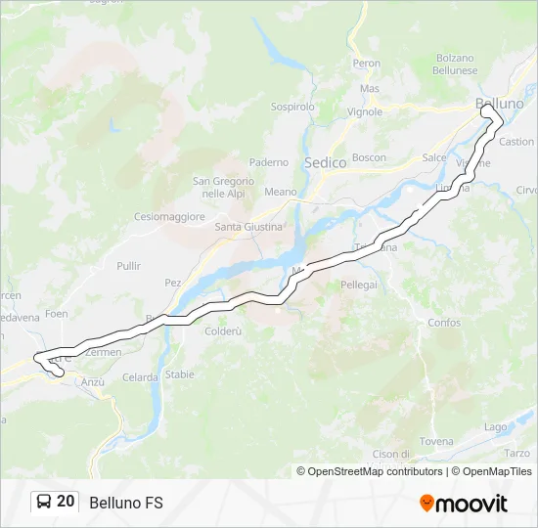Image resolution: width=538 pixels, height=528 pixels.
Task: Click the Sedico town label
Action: (326, 163)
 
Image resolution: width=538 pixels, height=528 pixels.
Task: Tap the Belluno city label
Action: (499, 103)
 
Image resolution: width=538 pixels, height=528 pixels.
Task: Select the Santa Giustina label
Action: (248, 227)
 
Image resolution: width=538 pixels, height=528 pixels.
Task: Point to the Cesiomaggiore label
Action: (170, 216)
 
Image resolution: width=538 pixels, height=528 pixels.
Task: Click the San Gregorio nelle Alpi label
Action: (223, 187)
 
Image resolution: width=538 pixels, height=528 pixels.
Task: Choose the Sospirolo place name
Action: (292, 106)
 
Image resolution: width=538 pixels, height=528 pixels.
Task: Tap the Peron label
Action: (367, 64)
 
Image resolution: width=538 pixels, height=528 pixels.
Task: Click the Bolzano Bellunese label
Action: (456, 65)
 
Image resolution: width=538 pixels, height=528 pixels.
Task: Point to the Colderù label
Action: (223, 331)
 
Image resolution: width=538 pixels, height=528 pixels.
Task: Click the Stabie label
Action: (180, 374)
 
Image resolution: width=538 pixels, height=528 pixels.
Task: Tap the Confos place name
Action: (443, 322)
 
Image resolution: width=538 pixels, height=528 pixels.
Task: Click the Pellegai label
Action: (359, 284)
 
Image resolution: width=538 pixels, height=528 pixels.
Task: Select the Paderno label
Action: (269, 161)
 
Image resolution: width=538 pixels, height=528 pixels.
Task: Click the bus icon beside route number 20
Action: (45, 503)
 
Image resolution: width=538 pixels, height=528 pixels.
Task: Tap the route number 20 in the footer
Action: (66, 502)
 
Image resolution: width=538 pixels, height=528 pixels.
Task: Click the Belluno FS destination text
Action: (126, 503)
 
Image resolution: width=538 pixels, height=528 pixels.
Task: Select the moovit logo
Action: (464, 503)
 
